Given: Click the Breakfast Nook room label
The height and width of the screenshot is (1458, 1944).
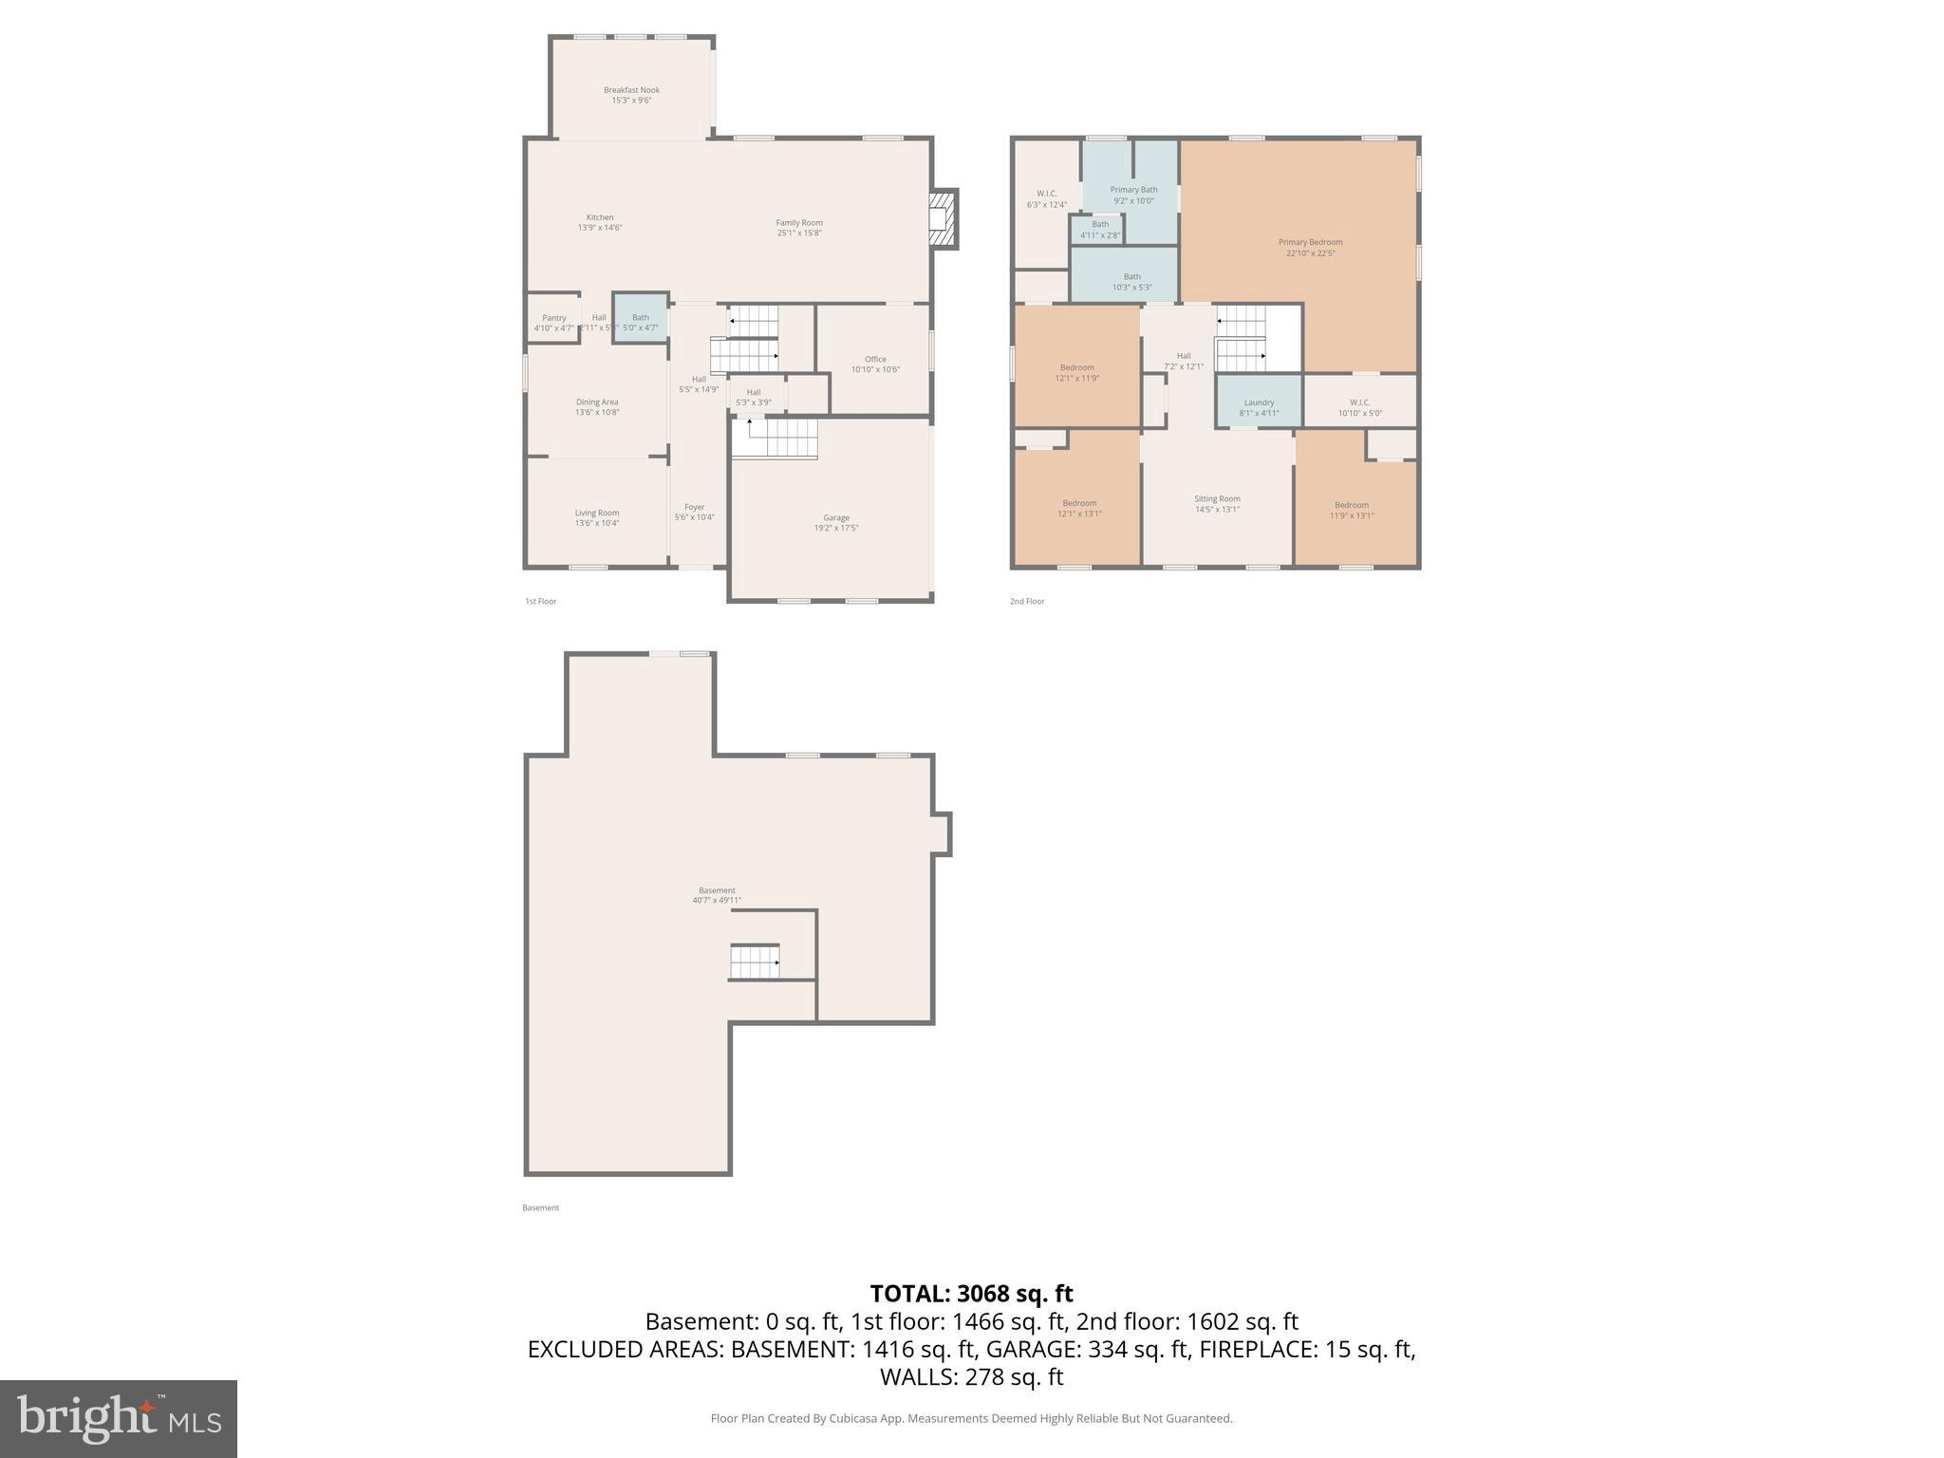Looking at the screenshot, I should tap(631, 90).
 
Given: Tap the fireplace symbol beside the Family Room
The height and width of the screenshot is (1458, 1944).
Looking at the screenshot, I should tap(942, 219).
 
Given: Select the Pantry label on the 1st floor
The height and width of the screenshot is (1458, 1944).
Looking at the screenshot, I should tap(554, 318).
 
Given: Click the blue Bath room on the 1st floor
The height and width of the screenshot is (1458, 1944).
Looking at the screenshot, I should tap(640, 319).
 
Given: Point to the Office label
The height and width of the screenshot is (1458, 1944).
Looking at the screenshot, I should tap(875, 360).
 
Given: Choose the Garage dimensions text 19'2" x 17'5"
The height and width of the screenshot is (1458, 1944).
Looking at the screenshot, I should tap(835, 529).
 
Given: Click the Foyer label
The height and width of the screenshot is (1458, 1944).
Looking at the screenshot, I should tap(694, 507).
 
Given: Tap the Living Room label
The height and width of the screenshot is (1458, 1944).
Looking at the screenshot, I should tap(596, 513).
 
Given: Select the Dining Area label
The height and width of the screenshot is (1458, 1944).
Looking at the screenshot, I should tap(596, 402).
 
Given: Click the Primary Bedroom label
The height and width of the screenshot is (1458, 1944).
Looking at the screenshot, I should tap(1310, 242).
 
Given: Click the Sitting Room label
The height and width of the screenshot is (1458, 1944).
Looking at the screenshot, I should tap(1217, 498).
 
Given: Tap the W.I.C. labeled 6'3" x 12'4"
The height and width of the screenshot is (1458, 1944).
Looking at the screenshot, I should tap(1046, 199).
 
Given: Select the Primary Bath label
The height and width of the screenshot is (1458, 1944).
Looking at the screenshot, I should tap(1133, 190).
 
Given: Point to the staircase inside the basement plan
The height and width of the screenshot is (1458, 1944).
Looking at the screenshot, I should tap(756, 962).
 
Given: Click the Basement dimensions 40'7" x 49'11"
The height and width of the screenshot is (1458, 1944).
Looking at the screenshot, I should tap(717, 901).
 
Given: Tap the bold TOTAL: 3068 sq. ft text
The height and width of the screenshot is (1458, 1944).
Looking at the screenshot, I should tap(971, 1294).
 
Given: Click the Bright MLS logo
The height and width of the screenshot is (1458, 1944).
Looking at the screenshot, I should tap(119, 1418).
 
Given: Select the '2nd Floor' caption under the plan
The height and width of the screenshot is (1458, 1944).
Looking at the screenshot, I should tap(1027, 602).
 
